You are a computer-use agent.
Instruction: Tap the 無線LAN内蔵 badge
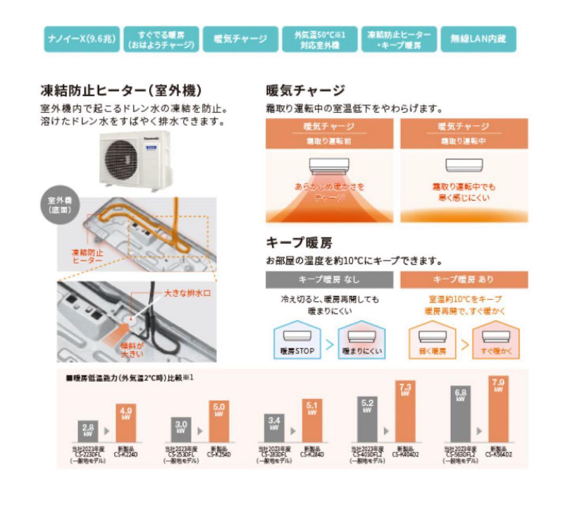coord(478,39)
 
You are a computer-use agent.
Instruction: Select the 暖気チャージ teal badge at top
coord(240,39)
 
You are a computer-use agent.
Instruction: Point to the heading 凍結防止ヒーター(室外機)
coord(121,91)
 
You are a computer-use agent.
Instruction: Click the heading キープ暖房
coord(299,243)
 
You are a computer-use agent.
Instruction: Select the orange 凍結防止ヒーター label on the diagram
coord(87,256)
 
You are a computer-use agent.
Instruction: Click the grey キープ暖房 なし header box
coord(329,279)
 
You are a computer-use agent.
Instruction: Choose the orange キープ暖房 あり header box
coord(464,279)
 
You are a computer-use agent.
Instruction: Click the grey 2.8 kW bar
coord(88,431)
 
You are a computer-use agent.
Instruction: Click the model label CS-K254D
coord(219,455)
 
